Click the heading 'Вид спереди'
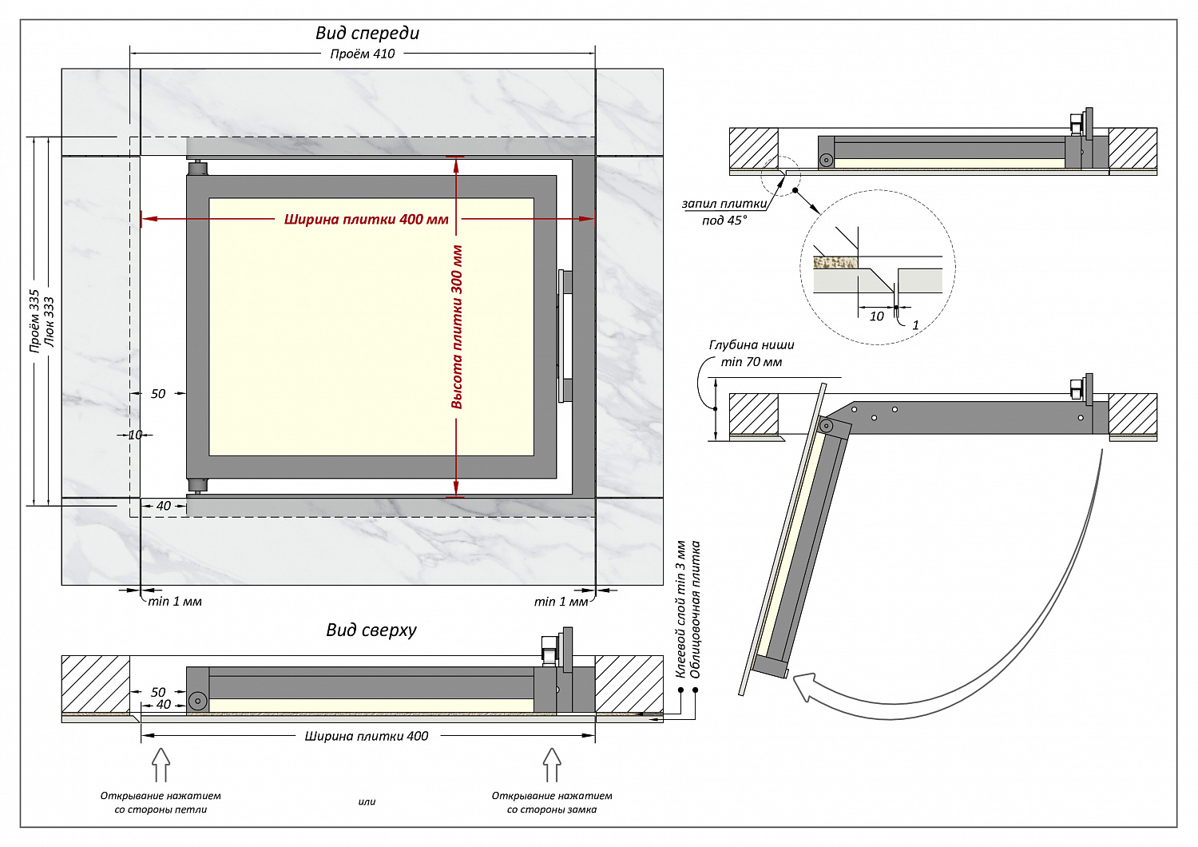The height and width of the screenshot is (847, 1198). click(367, 34)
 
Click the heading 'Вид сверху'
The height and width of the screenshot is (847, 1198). click(371, 630)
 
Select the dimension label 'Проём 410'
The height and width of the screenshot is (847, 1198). click(363, 54)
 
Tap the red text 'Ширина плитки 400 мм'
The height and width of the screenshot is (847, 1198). click(367, 220)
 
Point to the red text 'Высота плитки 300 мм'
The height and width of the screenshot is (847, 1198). click(457, 327)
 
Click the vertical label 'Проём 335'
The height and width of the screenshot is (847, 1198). click(34, 321)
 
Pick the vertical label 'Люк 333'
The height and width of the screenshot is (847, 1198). click(50, 322)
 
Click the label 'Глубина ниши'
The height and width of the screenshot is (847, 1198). click(752, 346)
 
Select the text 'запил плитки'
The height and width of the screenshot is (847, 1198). click(724, 204)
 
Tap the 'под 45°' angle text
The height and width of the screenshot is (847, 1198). click(724, 221)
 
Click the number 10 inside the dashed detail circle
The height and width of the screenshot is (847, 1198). click(877, 316)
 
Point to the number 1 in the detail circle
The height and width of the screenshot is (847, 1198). click(915, 325)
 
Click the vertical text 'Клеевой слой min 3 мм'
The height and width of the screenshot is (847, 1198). click(680, 609)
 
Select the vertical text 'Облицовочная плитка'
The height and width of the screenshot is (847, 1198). click(696, 609)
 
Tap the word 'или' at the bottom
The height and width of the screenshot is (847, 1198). click(367, 802)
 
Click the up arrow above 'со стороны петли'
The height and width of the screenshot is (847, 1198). click(161, 765)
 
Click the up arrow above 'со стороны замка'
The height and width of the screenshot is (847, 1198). click(552, 765)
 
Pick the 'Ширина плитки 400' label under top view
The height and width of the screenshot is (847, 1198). click(367, 736)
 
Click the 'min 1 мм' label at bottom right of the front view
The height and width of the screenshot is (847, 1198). click(561, 602)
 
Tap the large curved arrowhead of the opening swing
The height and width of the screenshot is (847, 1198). click(805, 686)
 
